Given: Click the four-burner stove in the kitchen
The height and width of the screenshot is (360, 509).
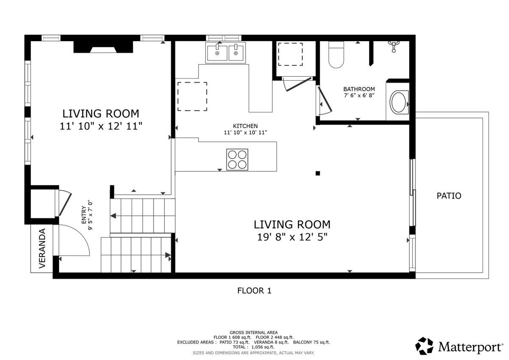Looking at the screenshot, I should tap(237, 160).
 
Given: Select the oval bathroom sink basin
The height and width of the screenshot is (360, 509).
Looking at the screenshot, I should tap(398, 103).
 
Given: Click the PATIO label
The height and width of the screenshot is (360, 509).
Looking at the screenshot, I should tap(449, 196).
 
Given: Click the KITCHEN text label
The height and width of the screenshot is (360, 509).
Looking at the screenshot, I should tap(245, 126).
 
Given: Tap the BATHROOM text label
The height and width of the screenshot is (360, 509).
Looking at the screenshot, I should tap(359, 89).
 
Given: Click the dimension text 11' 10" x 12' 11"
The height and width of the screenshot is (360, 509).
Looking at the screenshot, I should tap(101, 126).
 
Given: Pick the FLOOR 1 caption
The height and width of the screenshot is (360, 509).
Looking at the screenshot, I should tap(254, 290).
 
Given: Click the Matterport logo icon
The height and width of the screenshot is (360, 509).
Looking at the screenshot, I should tap(424, 346).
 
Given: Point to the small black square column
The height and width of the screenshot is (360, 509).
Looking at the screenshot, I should tap(317, 173).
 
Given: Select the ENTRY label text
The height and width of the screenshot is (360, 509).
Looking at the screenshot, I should tap(84, 215).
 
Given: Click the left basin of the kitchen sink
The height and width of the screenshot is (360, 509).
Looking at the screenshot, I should tap(217, 53).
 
